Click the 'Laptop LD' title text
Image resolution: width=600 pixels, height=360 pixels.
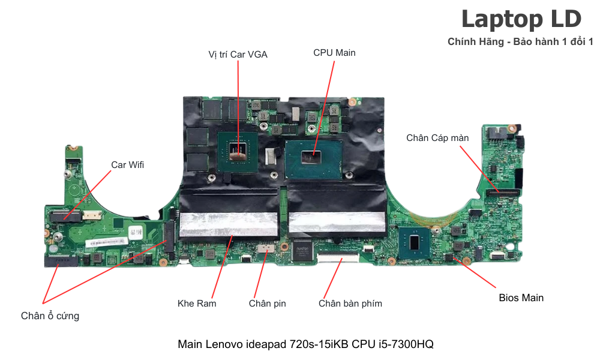click(521, 19)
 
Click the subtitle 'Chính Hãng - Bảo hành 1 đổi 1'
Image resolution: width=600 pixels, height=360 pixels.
click(520, 41)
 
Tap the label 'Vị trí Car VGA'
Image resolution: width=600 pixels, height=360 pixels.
click(238, 55)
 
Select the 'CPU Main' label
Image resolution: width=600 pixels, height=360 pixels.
click(334, 53)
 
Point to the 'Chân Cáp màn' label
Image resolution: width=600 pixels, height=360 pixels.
click(437, 138)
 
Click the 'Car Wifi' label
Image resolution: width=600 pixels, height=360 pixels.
click(127, 164)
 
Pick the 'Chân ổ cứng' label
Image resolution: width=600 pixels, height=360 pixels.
click(50, 316)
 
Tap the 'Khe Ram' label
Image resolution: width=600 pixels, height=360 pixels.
click(197, 303)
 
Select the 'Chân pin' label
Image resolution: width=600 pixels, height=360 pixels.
click(267, 303)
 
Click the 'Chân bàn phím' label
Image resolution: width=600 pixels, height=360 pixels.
click(350, 303)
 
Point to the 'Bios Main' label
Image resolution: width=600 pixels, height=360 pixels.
click(521, 298)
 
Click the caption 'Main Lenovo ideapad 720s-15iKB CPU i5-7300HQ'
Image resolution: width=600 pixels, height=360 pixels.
click(305, 344)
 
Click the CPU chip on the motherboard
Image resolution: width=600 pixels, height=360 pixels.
click(314, 154)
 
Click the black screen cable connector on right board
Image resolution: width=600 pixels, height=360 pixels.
click(503, 193)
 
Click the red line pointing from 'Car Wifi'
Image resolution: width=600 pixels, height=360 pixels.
click(88, 193)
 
